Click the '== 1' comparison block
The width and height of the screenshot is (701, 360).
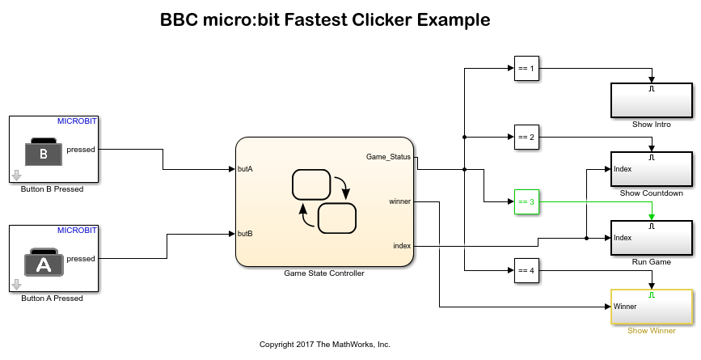[x=526, y=69]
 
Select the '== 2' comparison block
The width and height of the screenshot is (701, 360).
[x=526, y=137]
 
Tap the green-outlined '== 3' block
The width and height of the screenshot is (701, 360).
[x=526, y=201]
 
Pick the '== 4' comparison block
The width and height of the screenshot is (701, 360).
[x=526, y=271]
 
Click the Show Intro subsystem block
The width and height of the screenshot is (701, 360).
[x=652, y=100]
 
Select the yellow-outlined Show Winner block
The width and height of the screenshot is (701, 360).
[x=652, y=307]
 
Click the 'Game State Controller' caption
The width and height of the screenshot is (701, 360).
[x=323, y=273]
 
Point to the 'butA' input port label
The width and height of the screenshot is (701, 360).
[x=245, y=169]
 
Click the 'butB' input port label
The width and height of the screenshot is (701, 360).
[x=245, y=233]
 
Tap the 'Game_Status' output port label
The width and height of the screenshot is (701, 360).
[x=389, y=156]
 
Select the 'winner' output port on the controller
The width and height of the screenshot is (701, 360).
[x=399, y=201]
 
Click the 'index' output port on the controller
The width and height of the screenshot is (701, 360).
[x=402, y=246]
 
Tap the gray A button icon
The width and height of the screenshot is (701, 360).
[x=44, y=261]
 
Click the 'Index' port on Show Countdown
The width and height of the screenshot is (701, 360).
[x=623, y=169]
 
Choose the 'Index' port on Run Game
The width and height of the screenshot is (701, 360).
[x=623, y=238]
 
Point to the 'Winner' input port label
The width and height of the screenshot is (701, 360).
[x=625, y=307]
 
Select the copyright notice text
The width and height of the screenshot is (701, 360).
[x=324, y=345]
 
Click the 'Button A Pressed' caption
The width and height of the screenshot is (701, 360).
[x=52, y=299]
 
